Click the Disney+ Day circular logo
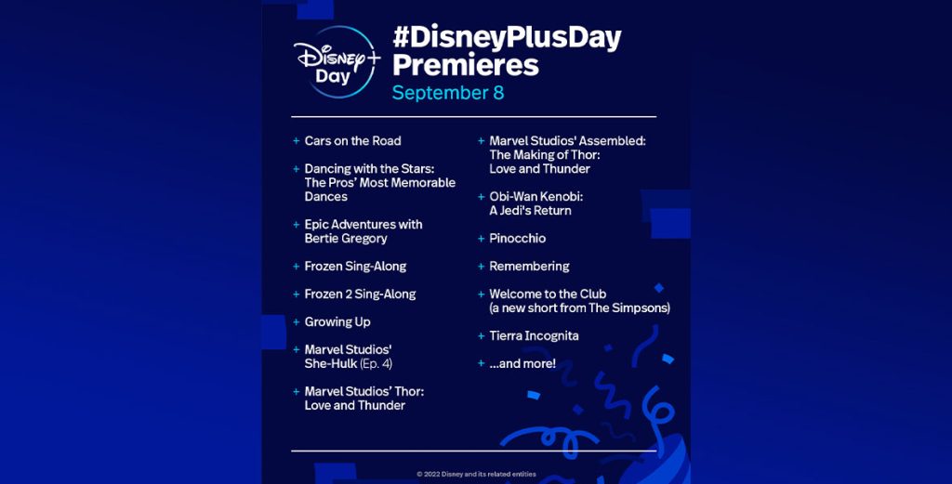click(335, 62)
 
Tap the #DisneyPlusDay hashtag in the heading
click(506, 38)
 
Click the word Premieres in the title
click(465, 65)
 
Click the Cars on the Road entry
click(352, 141)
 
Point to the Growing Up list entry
click(337, 322)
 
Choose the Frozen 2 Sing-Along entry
click(360, 294)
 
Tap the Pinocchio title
click(517, 239)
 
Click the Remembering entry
click(529, 267)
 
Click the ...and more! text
click(522, 364)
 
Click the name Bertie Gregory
click(346, 239)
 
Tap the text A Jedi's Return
click(530, 211)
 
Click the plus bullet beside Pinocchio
click(481, 239)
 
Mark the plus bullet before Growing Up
click(296, 322)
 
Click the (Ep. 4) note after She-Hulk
click(376, 364)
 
